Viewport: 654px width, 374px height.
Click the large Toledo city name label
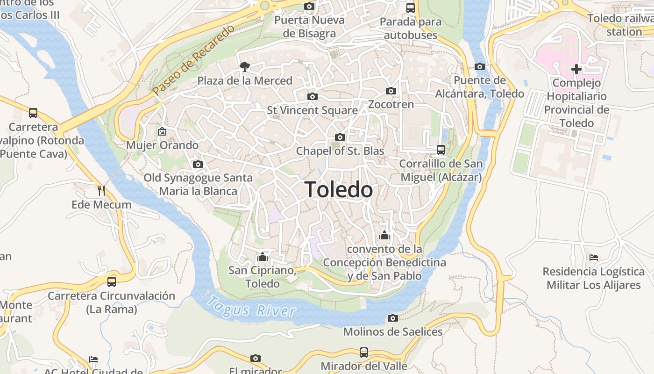[x=339, y=190]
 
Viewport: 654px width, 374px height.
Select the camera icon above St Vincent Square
[x=313, y=96]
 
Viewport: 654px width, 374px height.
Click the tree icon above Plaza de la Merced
[x=244, y=67]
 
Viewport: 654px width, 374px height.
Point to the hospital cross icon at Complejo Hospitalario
[x=576, y=69]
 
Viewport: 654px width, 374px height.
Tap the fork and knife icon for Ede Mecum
[x=101, y=190]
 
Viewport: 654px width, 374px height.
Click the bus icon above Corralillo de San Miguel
[x=441, y=150]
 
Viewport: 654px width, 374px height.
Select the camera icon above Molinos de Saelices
[x=393, y=318]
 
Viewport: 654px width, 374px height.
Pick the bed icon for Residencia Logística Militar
[x=594, y=258]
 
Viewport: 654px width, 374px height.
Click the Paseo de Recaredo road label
[x=193, y=60]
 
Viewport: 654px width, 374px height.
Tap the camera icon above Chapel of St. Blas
[x=340, y=137]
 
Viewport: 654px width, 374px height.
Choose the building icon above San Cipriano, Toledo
[x=262, y=257]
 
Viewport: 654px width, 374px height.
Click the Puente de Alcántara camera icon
[x=479, y=66]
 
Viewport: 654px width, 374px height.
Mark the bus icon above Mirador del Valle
[x=364, y=352]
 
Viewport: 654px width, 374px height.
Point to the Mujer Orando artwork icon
[x=162, y=131]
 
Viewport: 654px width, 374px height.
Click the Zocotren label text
[x=391, y=104]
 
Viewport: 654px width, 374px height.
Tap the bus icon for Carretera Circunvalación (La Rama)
[x=111, y=281]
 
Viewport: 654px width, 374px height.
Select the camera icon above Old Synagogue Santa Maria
[x=198, y=164]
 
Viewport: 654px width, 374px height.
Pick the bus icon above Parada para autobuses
[x=410, y=7]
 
